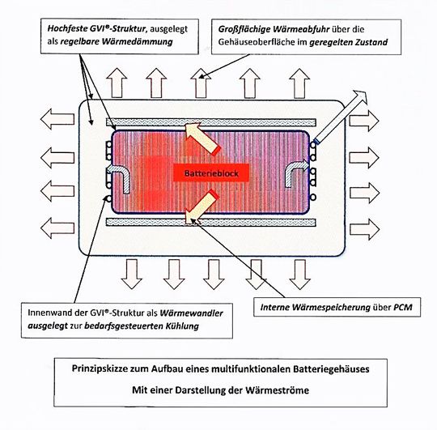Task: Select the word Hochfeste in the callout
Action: coord(70,28)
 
